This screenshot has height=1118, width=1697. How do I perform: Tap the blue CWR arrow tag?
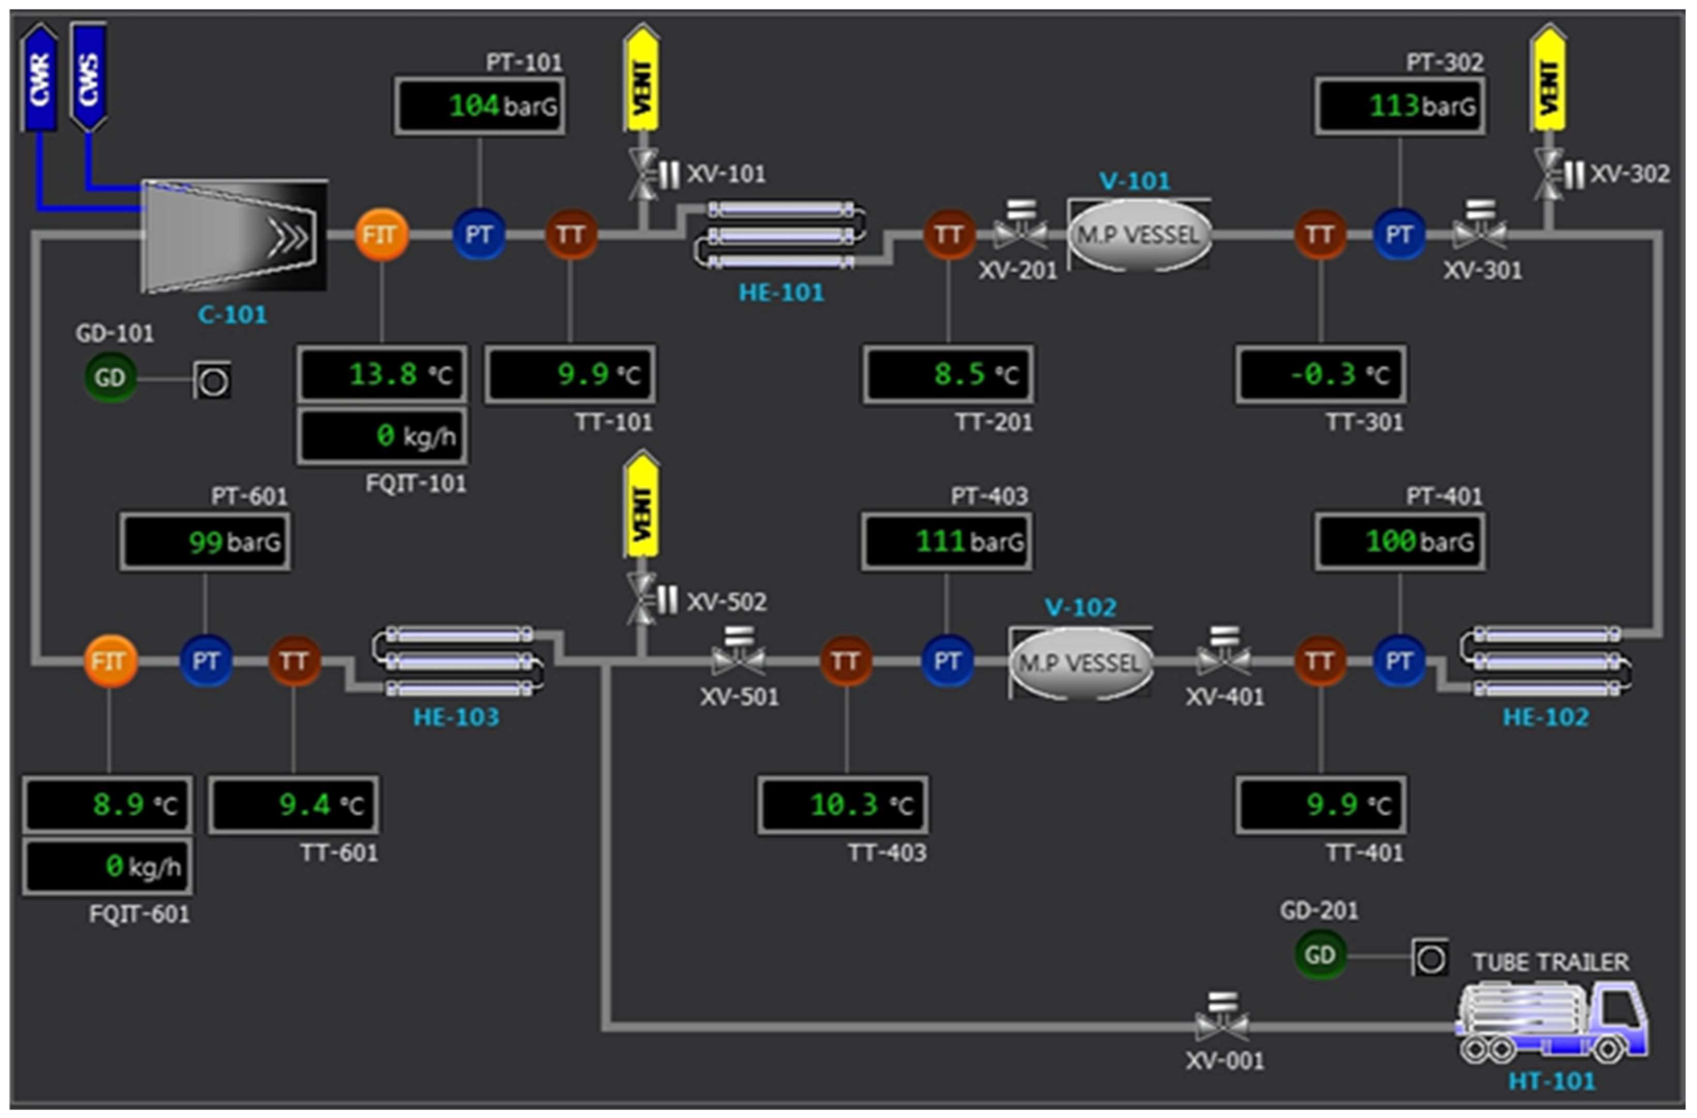click(39, 79)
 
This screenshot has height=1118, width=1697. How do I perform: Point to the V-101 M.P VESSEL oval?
click(1139, 235)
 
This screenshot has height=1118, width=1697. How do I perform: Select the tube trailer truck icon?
click(1552, 1020)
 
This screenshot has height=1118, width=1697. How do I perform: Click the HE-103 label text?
click(456, 717)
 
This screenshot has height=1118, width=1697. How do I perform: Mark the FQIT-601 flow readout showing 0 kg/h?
click(107, 867)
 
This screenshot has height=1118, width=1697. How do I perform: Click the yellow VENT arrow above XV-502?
click(642, 506)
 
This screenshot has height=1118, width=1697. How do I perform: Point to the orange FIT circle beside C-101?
click(381, 235)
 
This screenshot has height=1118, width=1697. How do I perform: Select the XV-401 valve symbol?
click(1224, 657)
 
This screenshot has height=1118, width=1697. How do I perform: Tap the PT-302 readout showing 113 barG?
click(1400, 107)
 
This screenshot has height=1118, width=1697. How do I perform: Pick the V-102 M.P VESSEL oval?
click(1081, 663)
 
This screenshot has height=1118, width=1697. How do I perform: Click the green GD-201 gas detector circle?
click(1320, 955)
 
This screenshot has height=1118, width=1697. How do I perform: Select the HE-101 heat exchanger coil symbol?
click(781, 235)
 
